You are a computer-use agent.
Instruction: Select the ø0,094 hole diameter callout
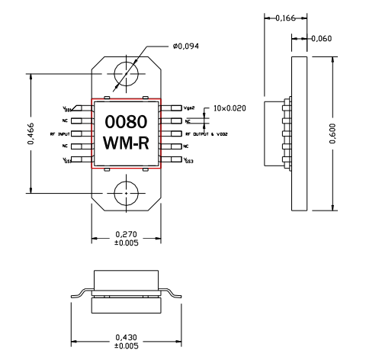187,47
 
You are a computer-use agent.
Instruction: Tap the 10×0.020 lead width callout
231,109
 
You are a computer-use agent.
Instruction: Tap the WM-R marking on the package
126,143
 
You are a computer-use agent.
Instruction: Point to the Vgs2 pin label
193,108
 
